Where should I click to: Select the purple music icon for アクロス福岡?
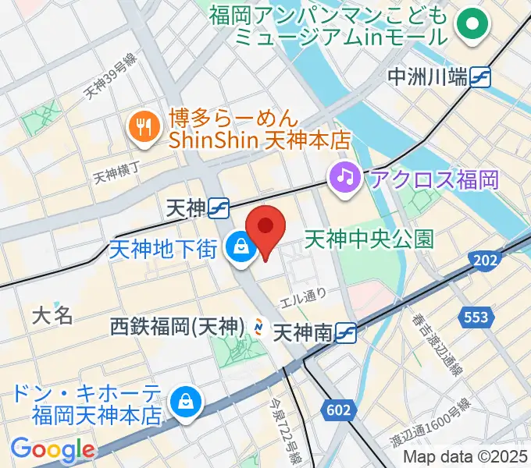344,176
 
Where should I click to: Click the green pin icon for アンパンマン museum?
472,25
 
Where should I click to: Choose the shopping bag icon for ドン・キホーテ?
187,403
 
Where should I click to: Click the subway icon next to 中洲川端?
480,77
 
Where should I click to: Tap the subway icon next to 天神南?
347,334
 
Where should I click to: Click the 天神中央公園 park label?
369,238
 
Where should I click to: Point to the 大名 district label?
52,316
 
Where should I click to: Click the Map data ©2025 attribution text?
465,456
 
